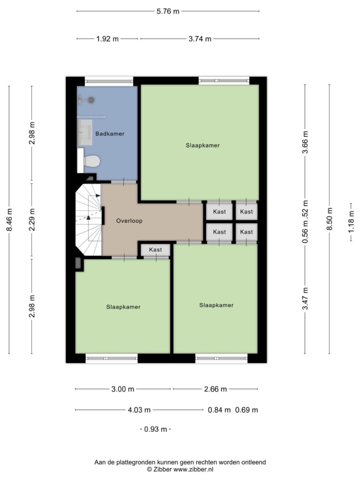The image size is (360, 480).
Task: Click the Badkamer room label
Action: [110, 134]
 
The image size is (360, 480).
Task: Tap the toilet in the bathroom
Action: [92, 161]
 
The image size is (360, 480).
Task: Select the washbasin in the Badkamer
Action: [85, 132]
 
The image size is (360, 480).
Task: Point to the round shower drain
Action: [91, 100]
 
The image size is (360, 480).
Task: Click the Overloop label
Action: [129, 221]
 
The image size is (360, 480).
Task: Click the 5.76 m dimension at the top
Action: [168, 11]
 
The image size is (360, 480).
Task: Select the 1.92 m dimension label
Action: [108, 39]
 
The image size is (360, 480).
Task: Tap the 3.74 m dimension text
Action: [200, 39]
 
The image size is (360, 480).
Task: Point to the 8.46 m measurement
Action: [9, 220]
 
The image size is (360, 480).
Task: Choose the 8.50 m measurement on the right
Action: [329, 219]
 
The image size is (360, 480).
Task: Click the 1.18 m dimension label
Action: [351, 222]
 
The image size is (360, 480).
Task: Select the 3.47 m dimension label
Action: [305, 299]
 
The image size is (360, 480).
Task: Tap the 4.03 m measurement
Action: [139, 410]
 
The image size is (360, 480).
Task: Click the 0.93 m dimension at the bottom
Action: [156, 430]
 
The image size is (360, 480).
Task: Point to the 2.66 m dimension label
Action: [216, 389]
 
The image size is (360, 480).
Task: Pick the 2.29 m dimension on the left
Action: [32, 219]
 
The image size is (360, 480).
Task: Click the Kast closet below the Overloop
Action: [156, 250]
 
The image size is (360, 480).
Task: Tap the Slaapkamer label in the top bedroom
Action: [203, 145]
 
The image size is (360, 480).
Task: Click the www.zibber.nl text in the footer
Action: [194, 469]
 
